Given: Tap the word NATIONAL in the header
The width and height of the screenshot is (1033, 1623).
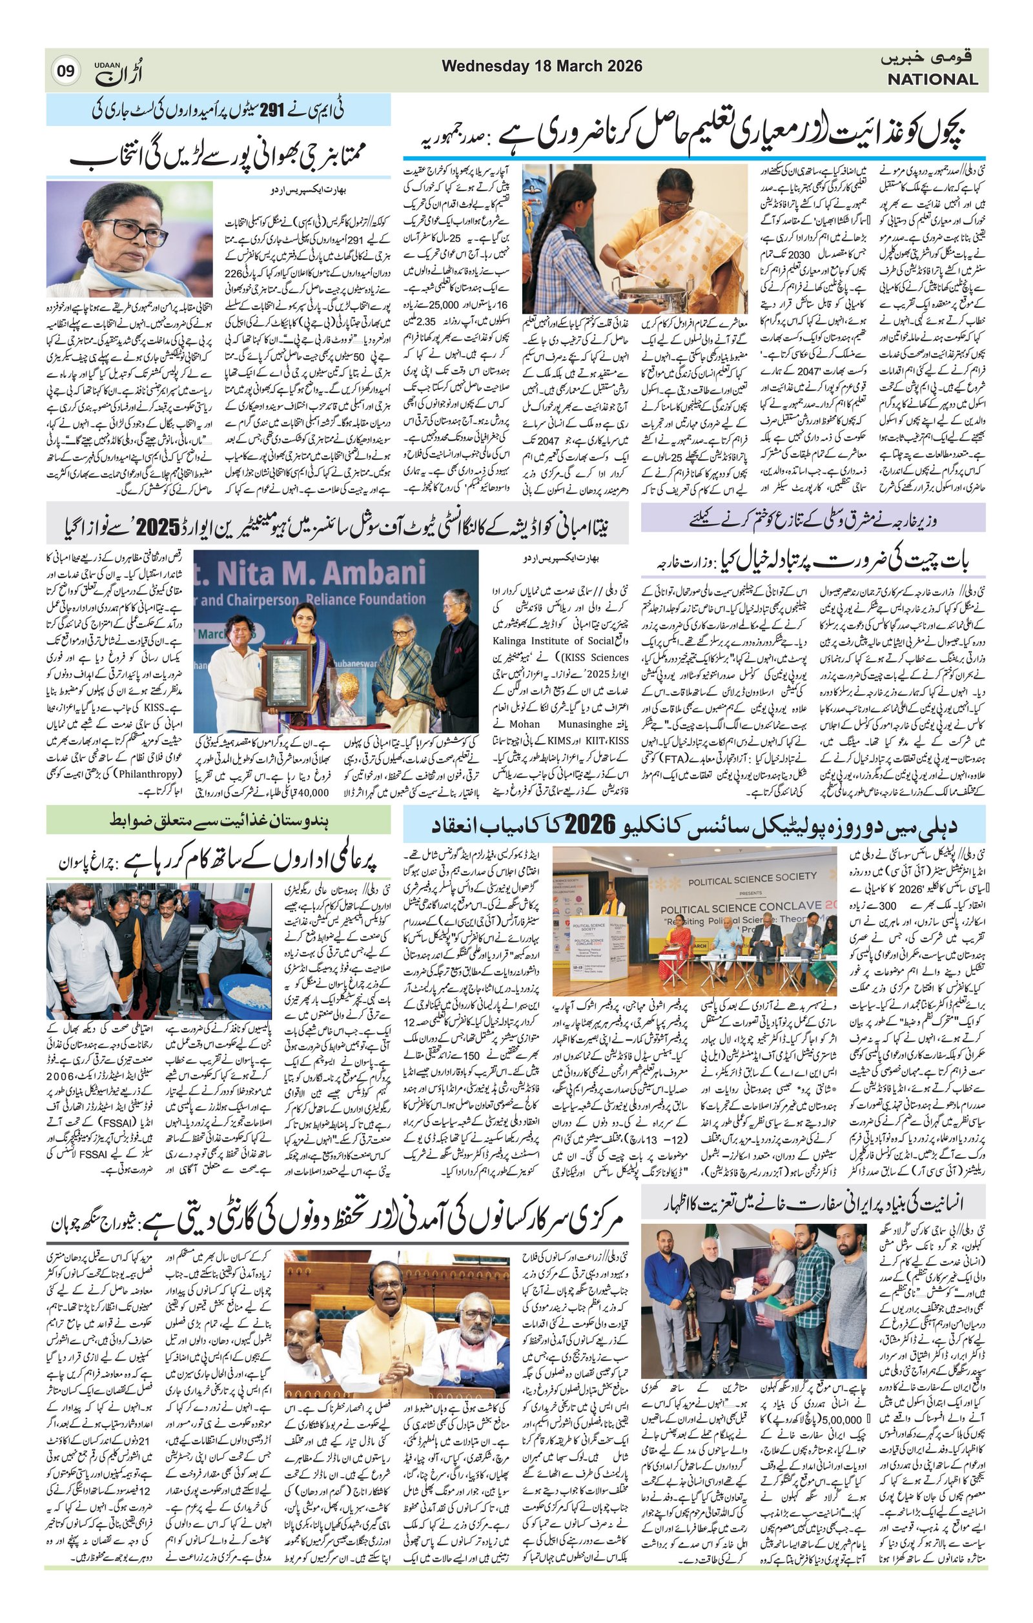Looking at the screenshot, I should [x=932, y=79].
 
